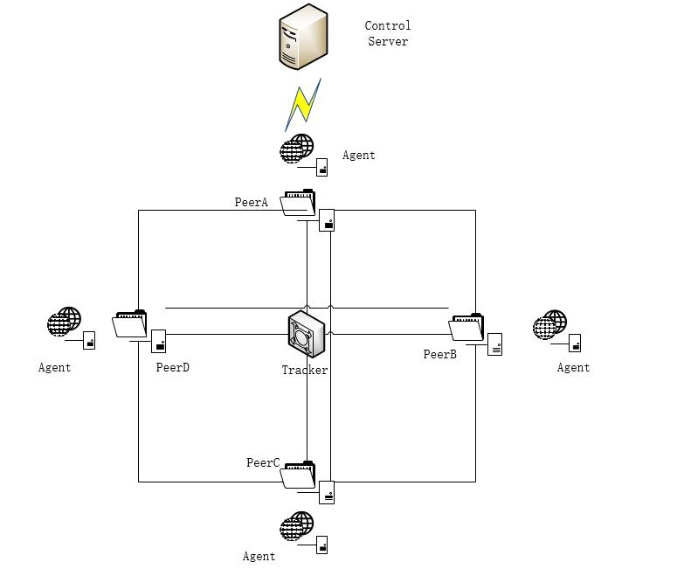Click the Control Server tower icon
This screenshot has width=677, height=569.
coord(303,37)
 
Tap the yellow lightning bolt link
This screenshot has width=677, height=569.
coord(303,104)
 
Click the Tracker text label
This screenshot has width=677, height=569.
coord(305,371)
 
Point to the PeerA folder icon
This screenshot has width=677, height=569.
coord(298,203)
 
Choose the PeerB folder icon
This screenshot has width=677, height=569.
coord(466,327)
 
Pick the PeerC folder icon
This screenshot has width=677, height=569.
coord(298,475)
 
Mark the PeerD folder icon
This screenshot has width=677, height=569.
coord(130,324)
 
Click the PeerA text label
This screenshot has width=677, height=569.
coord(252,203)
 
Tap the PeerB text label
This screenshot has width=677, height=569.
coord(440,355)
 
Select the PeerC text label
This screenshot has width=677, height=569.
coord(263,463)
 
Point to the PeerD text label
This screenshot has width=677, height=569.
coord(173,368)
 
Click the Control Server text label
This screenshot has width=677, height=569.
coord(388,34)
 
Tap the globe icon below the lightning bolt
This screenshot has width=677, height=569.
coord(297,149)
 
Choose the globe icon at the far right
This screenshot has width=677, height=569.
coord(550,325)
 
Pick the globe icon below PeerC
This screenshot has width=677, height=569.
coord(297,526)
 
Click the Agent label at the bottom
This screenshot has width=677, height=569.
coord(259,557)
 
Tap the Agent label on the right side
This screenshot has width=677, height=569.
coord(574,368)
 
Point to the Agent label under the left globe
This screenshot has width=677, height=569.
coord(55,368)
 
